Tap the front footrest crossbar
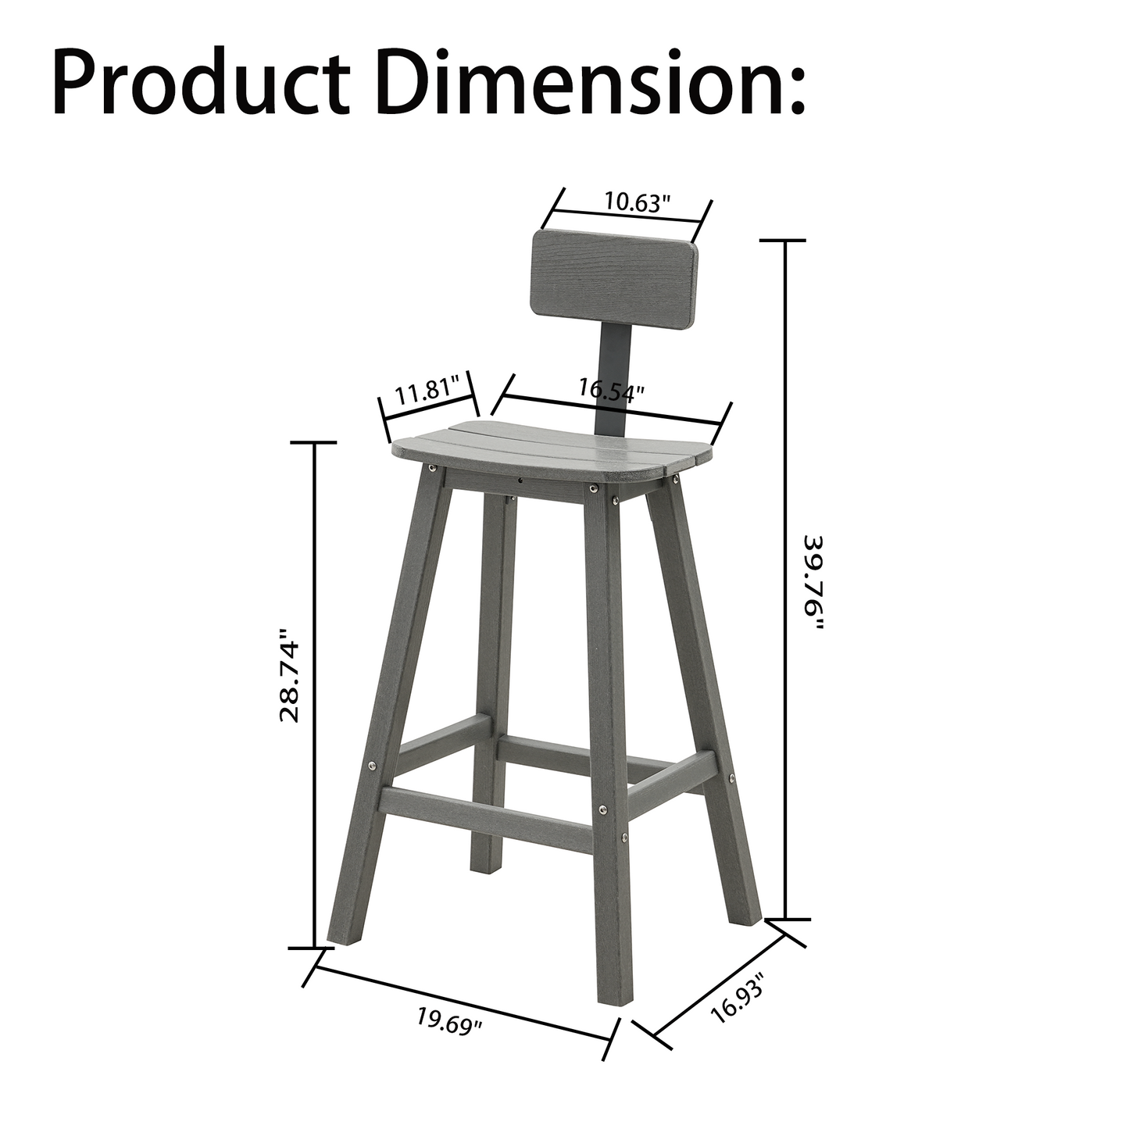[x=492, y=810]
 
